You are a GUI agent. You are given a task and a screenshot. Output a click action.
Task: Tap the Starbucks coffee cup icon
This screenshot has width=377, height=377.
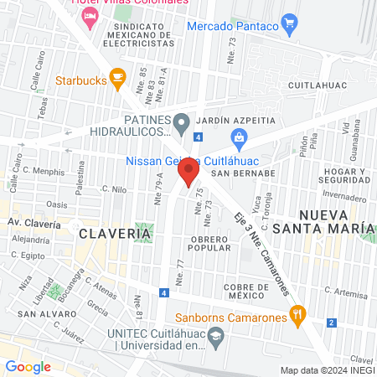coord(117,81)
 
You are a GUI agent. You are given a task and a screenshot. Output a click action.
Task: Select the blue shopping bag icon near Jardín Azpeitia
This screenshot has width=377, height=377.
coord(240,137)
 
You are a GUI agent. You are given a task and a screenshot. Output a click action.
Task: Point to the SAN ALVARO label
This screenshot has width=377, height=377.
coord(36,313)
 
